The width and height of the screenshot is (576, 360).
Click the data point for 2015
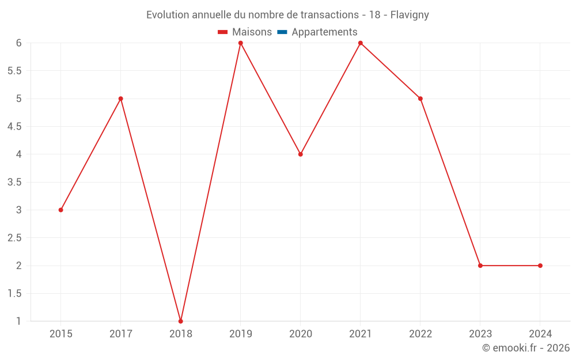pos(60,210)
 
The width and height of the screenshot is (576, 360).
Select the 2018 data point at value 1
pos(180,321)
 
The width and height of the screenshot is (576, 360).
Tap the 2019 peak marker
pos(240,43)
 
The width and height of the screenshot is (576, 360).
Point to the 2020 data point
pos(300,154)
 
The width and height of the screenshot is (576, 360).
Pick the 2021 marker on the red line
pos(360,43)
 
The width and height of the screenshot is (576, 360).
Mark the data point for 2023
pos(480,266)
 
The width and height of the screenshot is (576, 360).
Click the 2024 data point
pos(540,266)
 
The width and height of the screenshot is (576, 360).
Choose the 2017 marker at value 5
pos(120,98)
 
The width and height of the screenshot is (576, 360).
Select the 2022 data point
pos(420,98)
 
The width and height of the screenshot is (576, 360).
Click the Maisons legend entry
pos(252,32)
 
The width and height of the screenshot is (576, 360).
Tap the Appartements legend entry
pos(324,32)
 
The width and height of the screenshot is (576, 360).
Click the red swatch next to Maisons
pos(223,32)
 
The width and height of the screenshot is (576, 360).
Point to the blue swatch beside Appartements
pos(282,32)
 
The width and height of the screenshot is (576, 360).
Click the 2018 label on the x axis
pos(180,334)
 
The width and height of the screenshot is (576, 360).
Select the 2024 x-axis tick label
pos(540,334)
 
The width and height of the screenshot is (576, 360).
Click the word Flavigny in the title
pos(410,15)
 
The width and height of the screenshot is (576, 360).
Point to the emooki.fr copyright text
pos(525,348)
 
